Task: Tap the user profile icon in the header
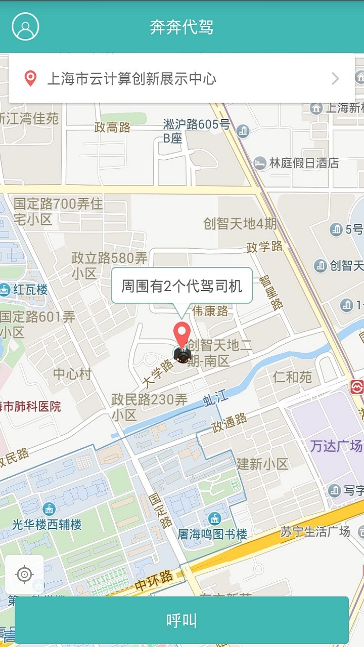tap(25, 26)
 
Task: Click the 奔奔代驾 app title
tap(181, 27)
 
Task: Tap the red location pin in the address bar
tap(31, 78)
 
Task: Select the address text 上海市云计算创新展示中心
tap(131, 79)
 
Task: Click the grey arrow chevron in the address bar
tap(335, 78)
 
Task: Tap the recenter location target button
tap(24, 574)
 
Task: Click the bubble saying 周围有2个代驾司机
tap(181, 286)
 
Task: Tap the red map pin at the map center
tap(181, 334)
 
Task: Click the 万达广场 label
tap(336, 446)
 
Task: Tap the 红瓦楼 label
tap(30, 290)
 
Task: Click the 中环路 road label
tap(154, 581)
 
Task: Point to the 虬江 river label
tap(215, 399)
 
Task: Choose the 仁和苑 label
tap(292, 377)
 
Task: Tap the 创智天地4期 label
tap(240, 223)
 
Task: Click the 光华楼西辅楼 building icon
tap(49, 509)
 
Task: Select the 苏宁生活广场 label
tap(315, 531)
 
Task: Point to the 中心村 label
tap(72, 374)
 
